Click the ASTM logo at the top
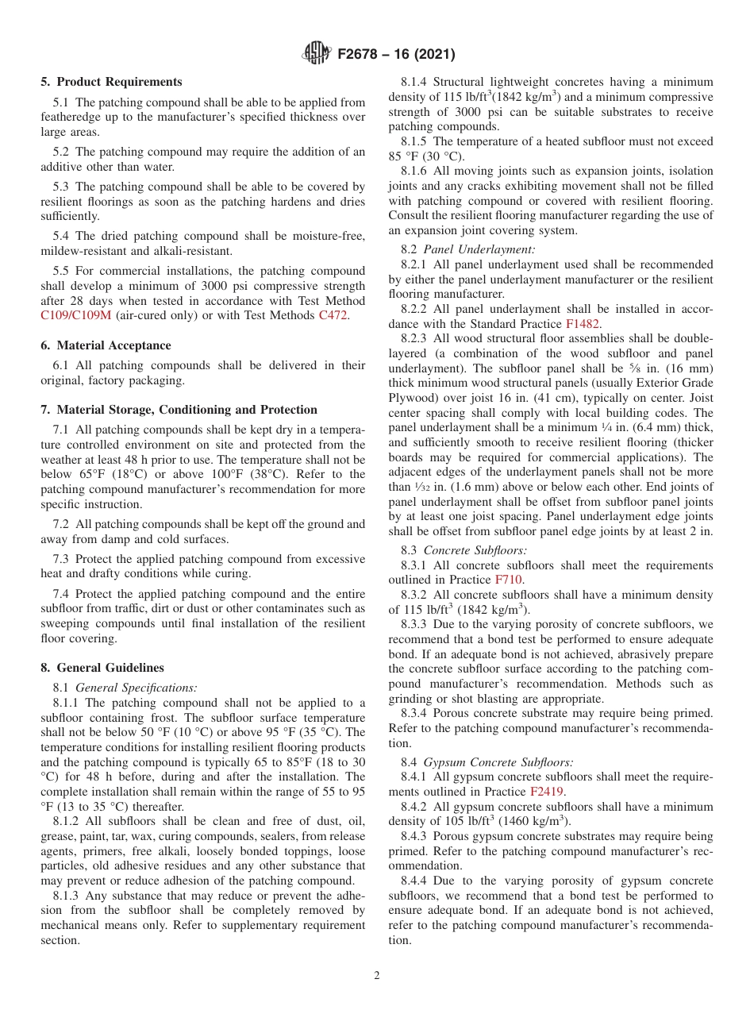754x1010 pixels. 317,54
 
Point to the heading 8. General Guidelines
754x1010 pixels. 102,668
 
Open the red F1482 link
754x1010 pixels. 582,323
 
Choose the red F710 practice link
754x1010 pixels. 508,580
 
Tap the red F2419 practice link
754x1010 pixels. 544,792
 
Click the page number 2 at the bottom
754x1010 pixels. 377,976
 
